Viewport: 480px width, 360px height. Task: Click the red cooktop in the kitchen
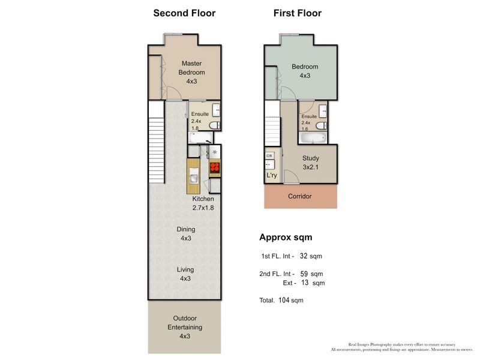(x=214, y=168)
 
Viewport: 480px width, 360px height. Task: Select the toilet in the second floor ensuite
(x=217, y=125)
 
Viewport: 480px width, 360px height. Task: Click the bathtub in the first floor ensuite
(x=313, y=138)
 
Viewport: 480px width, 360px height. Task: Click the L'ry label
(x=271, y=176)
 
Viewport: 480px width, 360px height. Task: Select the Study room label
(x=310, y=163)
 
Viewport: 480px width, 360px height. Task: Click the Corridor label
(x=300, y=196)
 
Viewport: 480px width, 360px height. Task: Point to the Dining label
(x=185, y=233)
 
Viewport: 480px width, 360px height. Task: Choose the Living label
(x=185, y=274)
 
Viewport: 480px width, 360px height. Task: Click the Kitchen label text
(x=202, y=203)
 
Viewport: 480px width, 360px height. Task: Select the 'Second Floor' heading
(x=184, y=13)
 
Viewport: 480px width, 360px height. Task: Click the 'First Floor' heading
(x=297, y=13)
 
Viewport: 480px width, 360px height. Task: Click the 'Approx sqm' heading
(x=285, y=236)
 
